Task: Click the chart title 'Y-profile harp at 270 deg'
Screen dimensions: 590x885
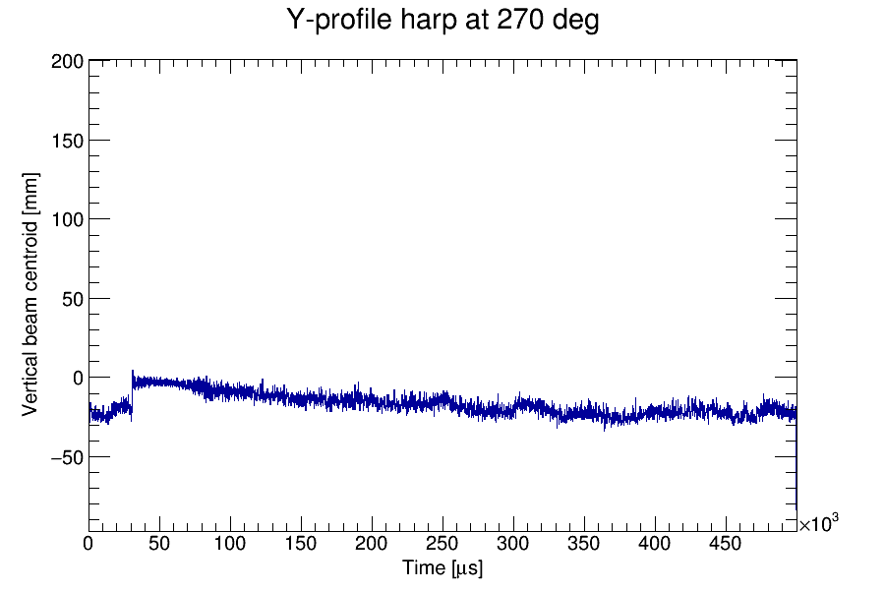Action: tap(442, 20)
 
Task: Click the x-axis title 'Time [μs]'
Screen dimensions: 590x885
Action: tap(442, 568)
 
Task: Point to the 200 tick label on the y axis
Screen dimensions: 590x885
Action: tap(66, 61)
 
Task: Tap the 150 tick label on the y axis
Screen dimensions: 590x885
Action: tap(66, 140)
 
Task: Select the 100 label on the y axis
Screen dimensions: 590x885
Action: tap(66, 218)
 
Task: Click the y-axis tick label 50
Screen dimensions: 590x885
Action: tap(71, 298)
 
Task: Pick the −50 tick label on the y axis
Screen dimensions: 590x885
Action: tap(66, 456)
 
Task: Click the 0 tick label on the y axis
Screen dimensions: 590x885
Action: tap(76, 378)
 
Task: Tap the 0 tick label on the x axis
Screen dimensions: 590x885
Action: tap(88, 544)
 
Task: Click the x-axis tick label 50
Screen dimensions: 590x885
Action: tap(159, 544)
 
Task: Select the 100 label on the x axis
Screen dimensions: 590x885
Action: tap(230, 544)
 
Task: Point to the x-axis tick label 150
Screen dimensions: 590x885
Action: tap(301, 544)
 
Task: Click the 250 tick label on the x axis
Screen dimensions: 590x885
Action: tap(442, 544)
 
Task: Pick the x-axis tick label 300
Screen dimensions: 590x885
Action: tap(513, 544)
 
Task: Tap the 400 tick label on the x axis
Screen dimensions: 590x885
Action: tap(655, 544)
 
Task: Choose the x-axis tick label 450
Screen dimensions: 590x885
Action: tap(726, 544)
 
